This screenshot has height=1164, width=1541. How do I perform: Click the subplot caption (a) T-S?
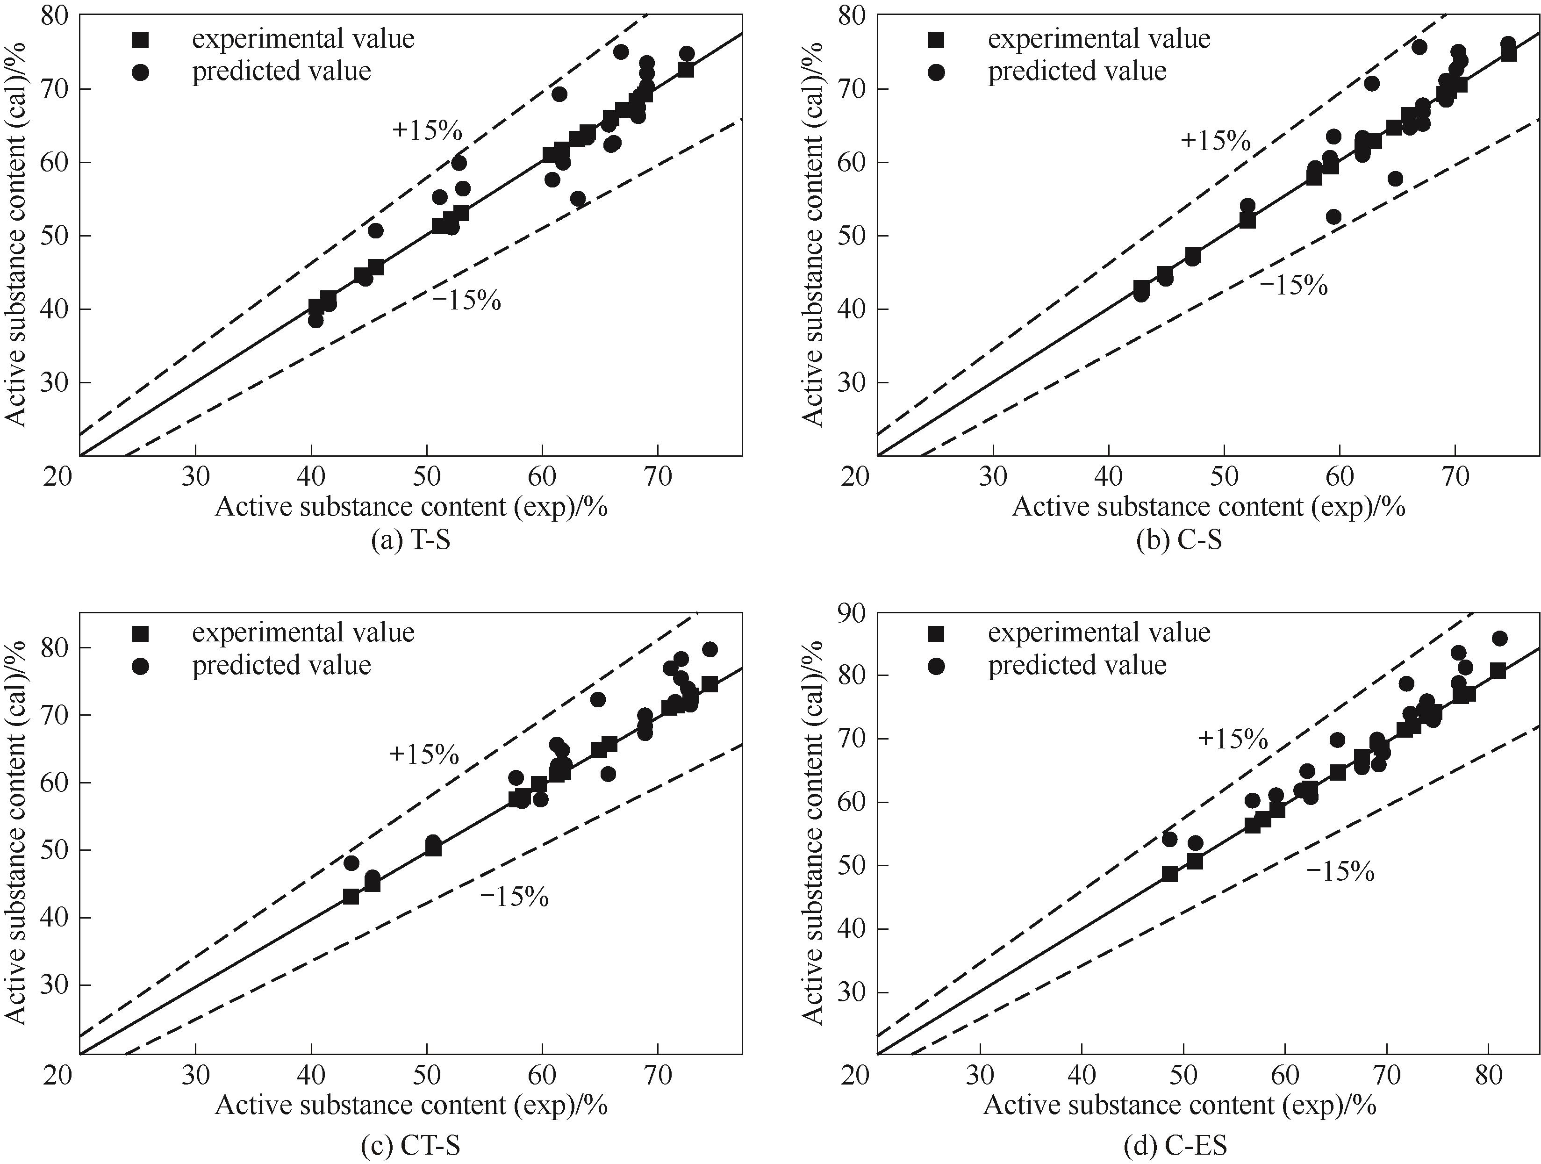(x=410, y=540)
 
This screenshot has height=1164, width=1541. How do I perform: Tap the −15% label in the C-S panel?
(x=1293, y=285)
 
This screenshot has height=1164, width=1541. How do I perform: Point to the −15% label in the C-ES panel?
(x=1340, y=871)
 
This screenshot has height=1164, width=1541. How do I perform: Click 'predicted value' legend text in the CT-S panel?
(x=281, y=665)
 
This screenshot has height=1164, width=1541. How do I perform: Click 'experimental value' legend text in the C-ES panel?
(x=1099, y=632)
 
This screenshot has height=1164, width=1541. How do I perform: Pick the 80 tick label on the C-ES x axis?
(x=1488, y=1076)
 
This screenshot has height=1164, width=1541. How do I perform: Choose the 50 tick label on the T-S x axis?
(x=426, y=477)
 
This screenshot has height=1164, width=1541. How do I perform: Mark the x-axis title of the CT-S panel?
(x=411, y=1106)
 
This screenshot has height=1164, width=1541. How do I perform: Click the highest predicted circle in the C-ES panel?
(x=1500, y=639)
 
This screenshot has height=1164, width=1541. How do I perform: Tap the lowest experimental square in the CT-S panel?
(x=351, y=897)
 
